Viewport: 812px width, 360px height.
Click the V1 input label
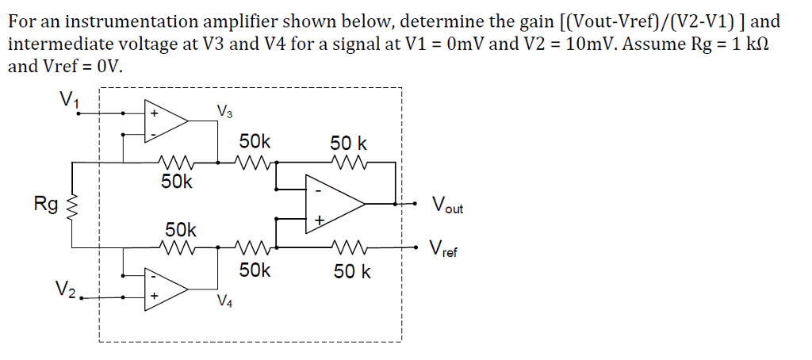[x=68, y=100]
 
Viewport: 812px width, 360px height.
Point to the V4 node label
[x=225, y=301]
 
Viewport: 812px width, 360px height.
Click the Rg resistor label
[x=45, y=205]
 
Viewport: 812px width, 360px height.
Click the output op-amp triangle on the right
[x=333, y=204]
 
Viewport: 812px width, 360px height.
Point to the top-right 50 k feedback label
[x=348, y=144]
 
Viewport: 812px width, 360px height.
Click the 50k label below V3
[x=255, y=142]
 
